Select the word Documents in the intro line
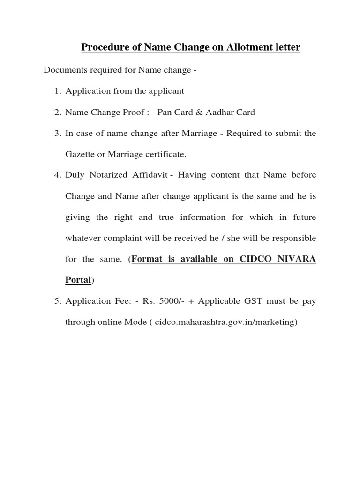64,70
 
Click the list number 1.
57,91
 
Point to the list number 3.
57,134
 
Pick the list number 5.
57,301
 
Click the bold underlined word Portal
78,280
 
